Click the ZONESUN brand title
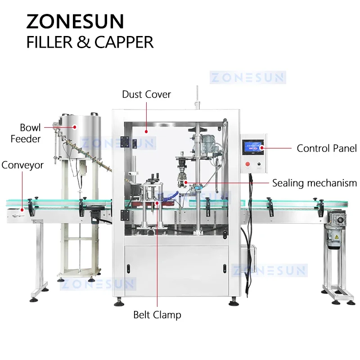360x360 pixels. (75, 22)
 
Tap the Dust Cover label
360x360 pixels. (146, 94)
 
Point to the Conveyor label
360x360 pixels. (22, 165)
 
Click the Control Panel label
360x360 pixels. (327, 148)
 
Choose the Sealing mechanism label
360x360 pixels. (314, 183)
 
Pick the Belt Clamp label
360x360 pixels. (157, 315)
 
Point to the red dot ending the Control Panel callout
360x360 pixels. (261, 148)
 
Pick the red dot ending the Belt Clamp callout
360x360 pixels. (157, 203)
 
